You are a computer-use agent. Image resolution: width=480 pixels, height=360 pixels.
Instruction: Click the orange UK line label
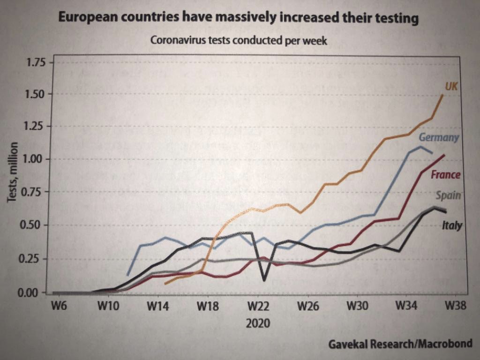[x=451, y=86]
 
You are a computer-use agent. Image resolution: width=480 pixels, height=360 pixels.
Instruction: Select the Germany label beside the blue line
[x=438, y=138]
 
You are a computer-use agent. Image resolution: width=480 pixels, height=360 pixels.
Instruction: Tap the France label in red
[x=445, y=175]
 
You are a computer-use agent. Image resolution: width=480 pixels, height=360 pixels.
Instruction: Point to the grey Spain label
[x=448, y=196]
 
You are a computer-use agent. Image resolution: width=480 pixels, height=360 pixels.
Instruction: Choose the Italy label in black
[x=452, y=226]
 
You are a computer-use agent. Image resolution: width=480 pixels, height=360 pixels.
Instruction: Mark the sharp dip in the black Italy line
[x=264, y=280]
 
